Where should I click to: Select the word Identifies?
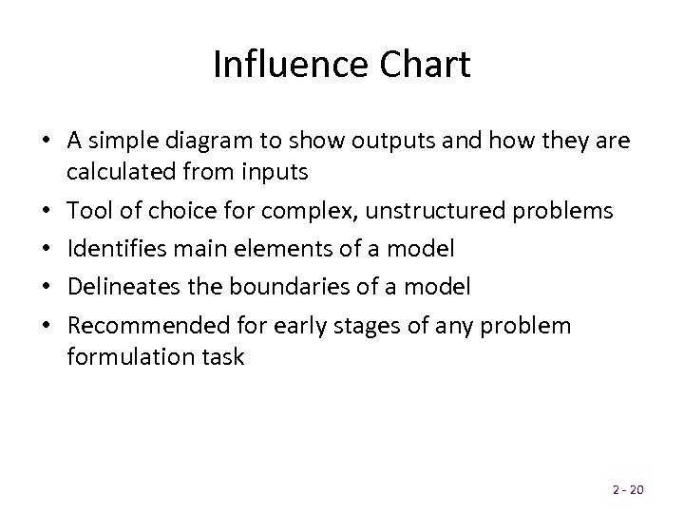click(112, 249)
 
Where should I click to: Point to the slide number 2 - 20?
click(627, 489)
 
